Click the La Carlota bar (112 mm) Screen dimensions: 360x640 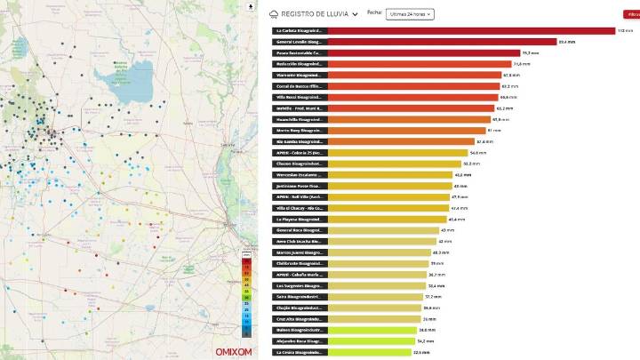(x=471, y=31)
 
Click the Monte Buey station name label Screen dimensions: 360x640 (x=300, y=131)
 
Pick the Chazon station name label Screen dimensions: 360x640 (x=300, y=164)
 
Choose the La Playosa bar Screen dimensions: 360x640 (x=388, y=219)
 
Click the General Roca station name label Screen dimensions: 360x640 (x=300, y=230)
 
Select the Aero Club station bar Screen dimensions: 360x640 (x=382, y=241)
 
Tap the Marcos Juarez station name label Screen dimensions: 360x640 (x=300, y=252)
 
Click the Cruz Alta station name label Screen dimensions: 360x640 (x=300, y=318)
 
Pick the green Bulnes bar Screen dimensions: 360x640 (x=372, y=330)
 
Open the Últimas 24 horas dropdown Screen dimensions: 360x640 (x=410, y=14)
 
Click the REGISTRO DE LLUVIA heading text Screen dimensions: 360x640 (x=315, y=14)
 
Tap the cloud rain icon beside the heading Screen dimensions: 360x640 (x=275, y=14)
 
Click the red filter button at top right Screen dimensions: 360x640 (x=631, y=14)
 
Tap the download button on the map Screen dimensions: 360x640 (x=252, y=6)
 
